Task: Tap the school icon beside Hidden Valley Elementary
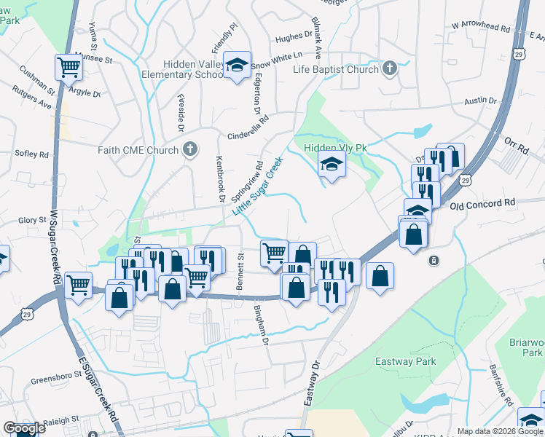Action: coord(237,66)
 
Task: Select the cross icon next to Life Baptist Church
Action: coord(389,69)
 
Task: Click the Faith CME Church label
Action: coord(138,151)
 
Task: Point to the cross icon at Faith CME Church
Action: coord(190,151)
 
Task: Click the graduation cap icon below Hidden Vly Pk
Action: coord(332,165)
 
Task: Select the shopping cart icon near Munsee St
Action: coord(68,67)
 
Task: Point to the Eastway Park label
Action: coord(405,361)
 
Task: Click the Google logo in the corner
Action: coord(23,428)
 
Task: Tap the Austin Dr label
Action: coord(480,101)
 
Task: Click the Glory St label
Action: coord(32,219)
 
